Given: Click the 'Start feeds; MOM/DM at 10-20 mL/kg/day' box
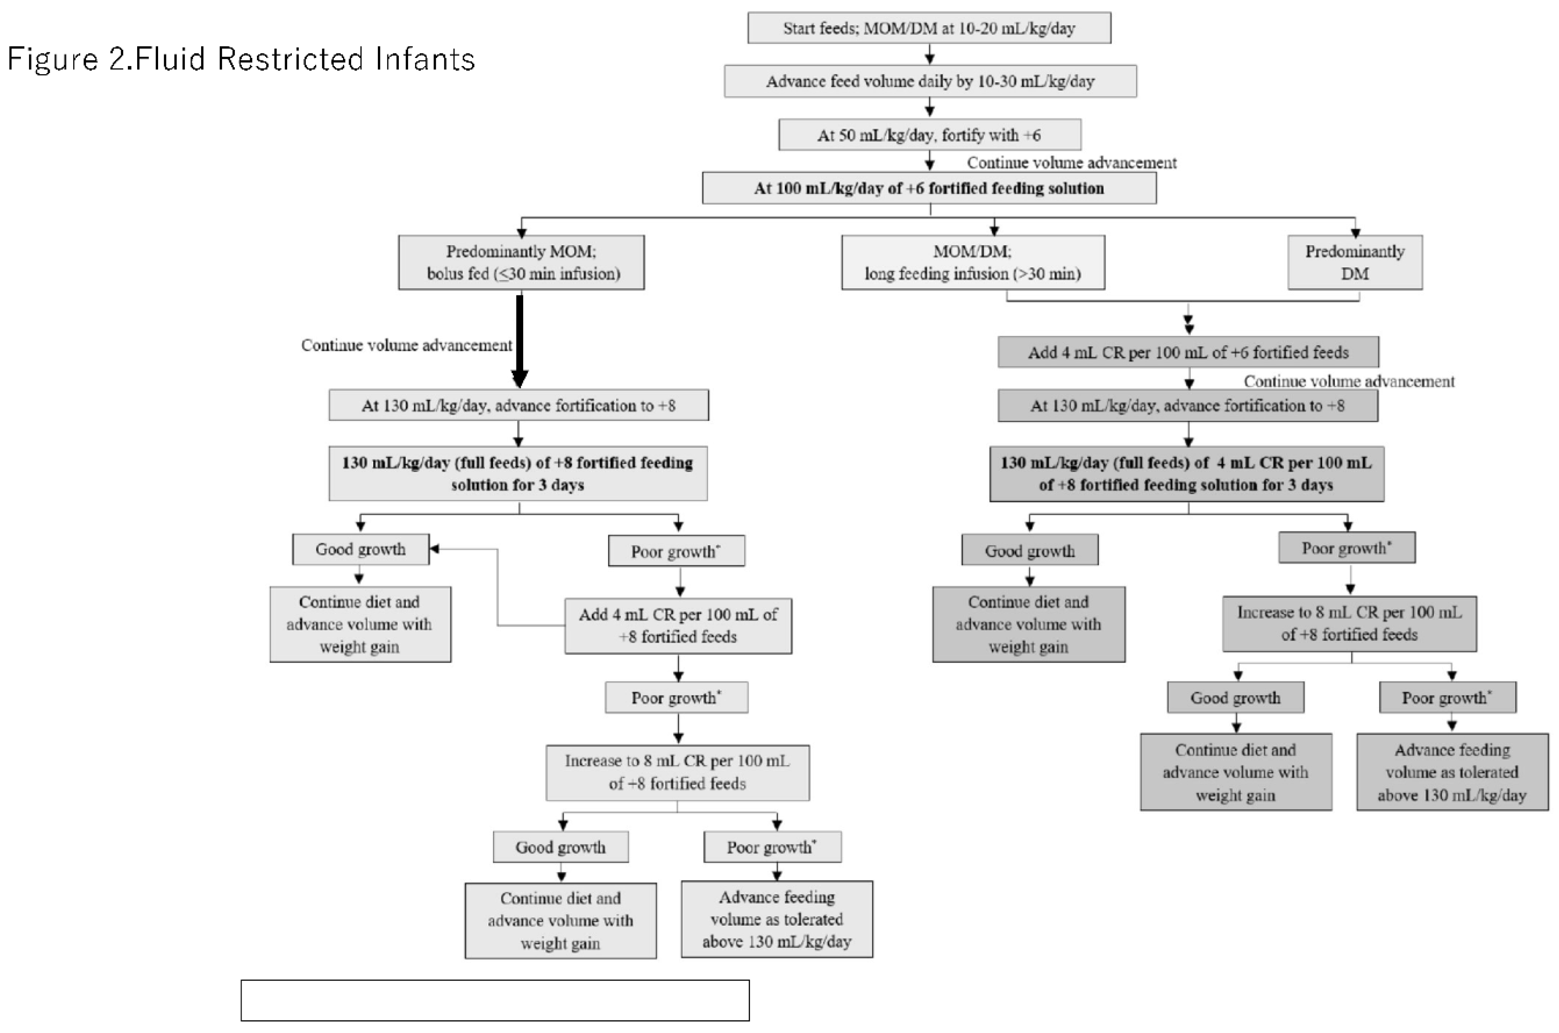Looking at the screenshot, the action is [x=929, y=28].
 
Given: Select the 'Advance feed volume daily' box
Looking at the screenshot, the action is [x=930, y=81].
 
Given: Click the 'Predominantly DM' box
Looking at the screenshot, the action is [x=1355, y=262].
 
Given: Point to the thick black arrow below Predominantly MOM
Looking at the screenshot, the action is [x=519, y=341].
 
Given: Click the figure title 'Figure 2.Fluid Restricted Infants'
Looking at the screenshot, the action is [x=241, y=59].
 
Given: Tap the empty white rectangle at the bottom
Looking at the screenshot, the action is [x=495, y=1000].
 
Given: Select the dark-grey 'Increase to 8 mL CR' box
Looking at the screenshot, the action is [x=1350, y=624].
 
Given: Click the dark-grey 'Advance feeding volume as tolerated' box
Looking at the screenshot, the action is [x=1452, y=772].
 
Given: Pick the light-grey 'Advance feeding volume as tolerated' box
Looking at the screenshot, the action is [x=777, y=920].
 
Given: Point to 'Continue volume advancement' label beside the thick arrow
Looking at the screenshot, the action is [x=406, y=345].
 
